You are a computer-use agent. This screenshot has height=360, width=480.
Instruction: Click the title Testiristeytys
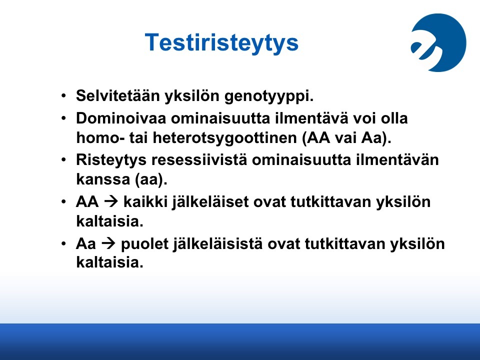pos(221,43)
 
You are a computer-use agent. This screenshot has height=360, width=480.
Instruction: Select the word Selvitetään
pos(118,95)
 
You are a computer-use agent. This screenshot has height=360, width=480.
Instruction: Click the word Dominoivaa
pos(121,118)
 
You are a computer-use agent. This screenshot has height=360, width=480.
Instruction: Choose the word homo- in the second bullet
pos(100,138)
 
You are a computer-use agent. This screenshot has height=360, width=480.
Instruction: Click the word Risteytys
pos(111,160)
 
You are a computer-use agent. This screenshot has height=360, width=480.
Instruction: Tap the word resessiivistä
pos(199,160)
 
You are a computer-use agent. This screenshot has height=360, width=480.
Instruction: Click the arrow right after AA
pos(111,201)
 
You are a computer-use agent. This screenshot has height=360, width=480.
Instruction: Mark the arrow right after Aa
pos(108,243)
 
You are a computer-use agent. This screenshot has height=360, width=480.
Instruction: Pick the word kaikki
pos(145,201)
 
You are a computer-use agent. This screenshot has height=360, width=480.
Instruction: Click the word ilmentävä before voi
pos(311,118)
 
